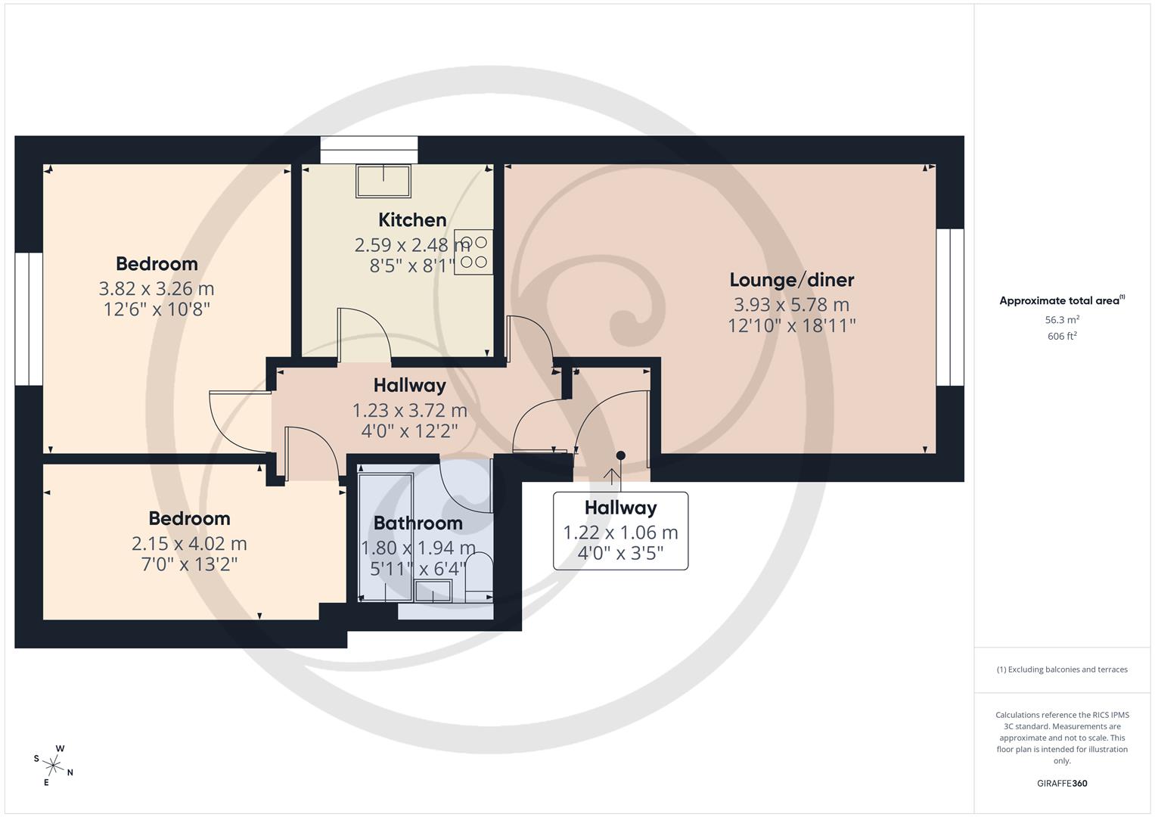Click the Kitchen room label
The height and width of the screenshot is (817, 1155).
pyautogui.click(x=412, y=220)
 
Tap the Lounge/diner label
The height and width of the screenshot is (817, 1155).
pyautogui.click(x=791, y=280)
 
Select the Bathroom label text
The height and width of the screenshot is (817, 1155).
pyautogui.click(x=418, y=523)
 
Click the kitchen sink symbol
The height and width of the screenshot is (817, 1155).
pyautogui.click(x=383, y=182)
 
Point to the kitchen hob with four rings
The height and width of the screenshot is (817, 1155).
pyautogui.click(x=473, y=253)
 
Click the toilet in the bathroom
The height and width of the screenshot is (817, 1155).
pyautogui.click(x=479, y=575)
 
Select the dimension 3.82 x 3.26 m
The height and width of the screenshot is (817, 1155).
pyautogui.click(x=157, y=289)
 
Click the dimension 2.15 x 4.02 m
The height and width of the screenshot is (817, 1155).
pyautogui.click(x=189, y=544)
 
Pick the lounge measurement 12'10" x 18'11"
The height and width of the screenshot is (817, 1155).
pyautogui.click(x=791, y=326)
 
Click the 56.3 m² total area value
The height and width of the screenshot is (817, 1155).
pyautogui.click(x=1061, y=320)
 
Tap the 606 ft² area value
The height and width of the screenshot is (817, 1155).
pyautogui.click(x=1061, y=337)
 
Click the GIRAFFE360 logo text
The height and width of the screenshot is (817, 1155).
pyautogui.click(x=1061, y=783)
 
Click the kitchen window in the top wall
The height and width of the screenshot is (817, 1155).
pyautogui.click(x=368, y=150)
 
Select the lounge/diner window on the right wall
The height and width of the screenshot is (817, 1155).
pyautogui.click(x=950, y=307)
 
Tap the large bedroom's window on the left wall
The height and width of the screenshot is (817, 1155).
pyautogui.click(x=29, y=318)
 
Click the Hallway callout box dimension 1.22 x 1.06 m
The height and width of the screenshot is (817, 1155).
pyautogui.click(x=620, y=533)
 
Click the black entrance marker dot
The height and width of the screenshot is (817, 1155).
pyautogui.click(x=620, y=455)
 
